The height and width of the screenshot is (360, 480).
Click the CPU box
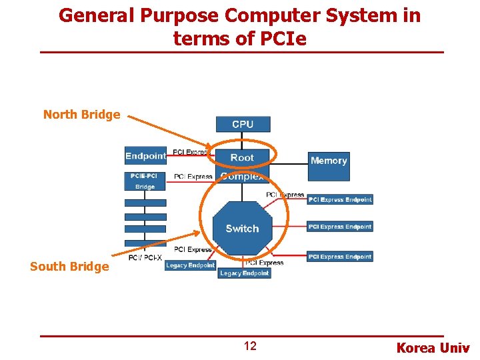click(243, 124)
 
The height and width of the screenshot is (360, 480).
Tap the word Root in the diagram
click(242, 157)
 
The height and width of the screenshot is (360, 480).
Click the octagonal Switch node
click(242, 228)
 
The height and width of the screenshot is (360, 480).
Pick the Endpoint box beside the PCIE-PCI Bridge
click(145, 156)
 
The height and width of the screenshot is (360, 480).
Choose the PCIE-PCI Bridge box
click(145, 181)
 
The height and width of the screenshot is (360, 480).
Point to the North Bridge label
click(81, 114)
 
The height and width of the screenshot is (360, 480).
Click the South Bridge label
click(69, 267)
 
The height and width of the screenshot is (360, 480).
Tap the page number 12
click(249, 346)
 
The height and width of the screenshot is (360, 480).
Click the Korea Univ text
click(433, 348)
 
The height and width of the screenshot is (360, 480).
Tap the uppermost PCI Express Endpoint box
click(339, 199)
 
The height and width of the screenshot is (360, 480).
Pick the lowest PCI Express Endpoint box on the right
click(339, 257)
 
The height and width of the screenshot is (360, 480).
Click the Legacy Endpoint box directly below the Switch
click(244, 273)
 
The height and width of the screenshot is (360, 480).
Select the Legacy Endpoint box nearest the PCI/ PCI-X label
click(191, 265)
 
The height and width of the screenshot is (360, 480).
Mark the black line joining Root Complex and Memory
click(290, 159)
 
